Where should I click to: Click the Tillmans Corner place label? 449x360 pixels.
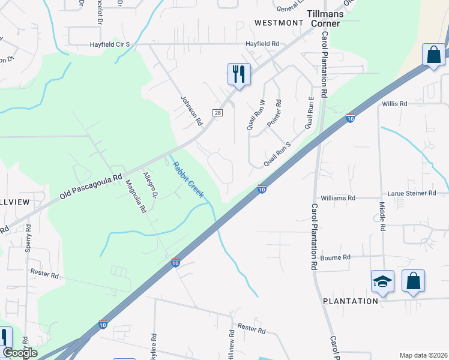(324, 18)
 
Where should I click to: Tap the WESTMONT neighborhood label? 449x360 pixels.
(279, 23)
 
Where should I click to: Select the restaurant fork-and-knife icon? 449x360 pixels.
(239, 74)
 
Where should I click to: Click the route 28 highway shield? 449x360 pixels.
(217, 113)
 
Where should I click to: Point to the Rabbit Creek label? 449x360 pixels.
(188, 179)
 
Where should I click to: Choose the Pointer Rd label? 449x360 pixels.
(274, 113)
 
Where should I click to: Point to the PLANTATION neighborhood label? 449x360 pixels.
(351, 301)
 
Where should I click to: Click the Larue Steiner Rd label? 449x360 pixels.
(414, 193)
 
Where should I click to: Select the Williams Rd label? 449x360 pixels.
(338, 197)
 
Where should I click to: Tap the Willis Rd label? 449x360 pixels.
(394, 104)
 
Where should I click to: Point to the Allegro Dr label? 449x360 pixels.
(149, 185)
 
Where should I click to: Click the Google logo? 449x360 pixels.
(19, 353)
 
